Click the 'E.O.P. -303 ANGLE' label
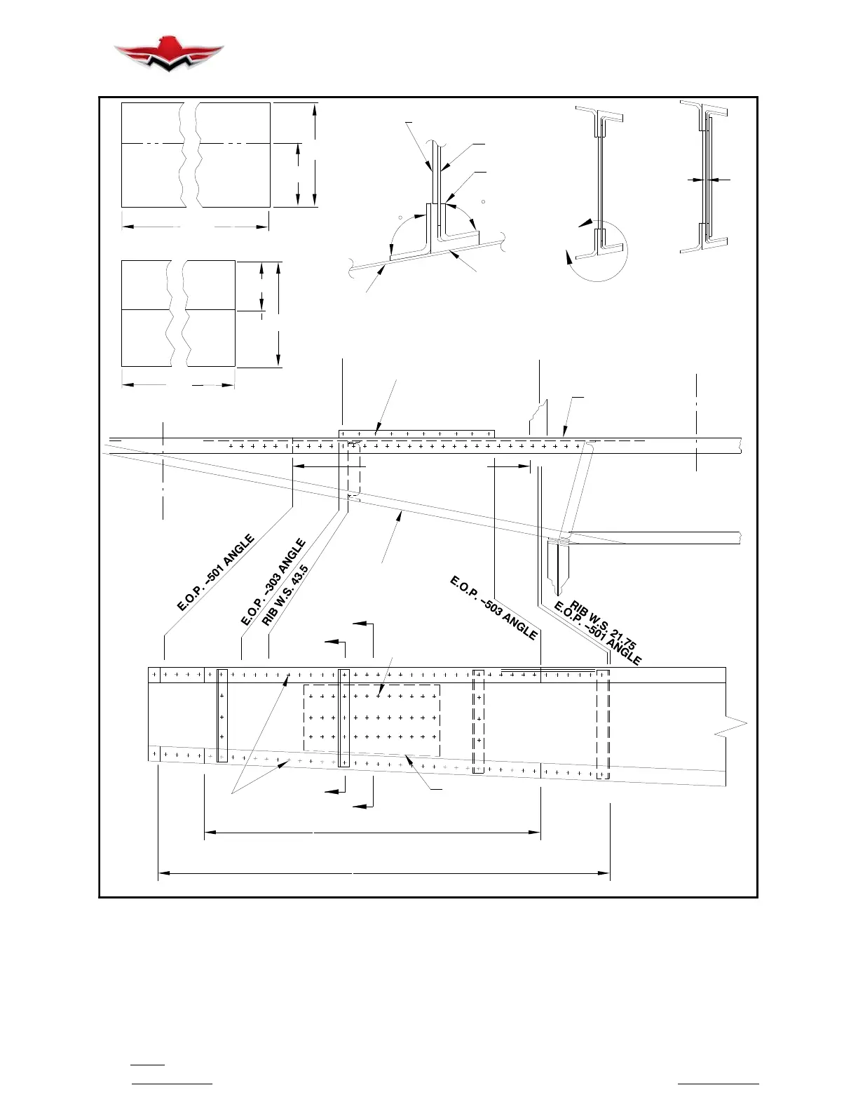[x=273, y=581]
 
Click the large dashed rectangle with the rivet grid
[x=372, y=720]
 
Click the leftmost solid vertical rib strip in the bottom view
[x=222, y=715]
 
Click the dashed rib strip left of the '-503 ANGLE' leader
[x=478, y=721]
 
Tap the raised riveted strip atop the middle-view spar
[x=416, y=434]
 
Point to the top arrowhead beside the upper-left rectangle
[x=316, y=107]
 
